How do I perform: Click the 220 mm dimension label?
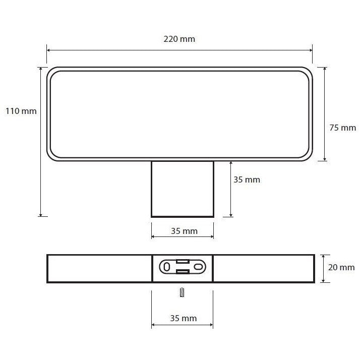pos(179,39)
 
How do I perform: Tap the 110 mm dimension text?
pos(21,111)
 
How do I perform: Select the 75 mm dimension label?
pos(342,128)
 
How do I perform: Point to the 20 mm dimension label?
pos(341,267)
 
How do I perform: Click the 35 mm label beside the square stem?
pos(247,179)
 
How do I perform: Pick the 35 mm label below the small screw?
pos(184,318)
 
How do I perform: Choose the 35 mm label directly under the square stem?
pos(184,231)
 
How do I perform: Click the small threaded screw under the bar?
pos(182,292)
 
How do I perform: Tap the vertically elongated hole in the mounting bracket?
pos(167,267)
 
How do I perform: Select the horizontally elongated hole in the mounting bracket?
pos(198,267)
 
